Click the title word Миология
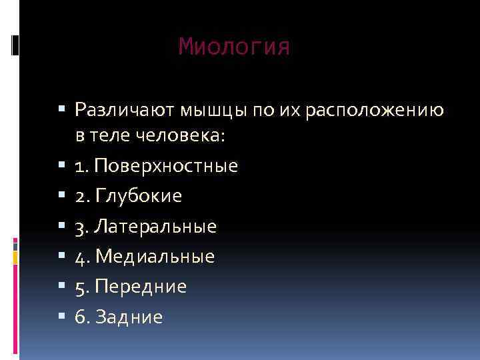point(235,47)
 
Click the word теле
point(111,136)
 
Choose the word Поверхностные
point(166,166)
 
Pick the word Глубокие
point(139,196)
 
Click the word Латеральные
point(156,226)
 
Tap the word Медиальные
point(155,256)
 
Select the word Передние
point(141,287)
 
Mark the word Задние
point(129,317)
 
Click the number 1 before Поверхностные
point(80,166)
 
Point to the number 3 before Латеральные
point(81,226)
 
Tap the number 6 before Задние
point(81,317)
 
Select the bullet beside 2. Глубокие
point(62,196)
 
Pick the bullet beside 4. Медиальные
point(62,256)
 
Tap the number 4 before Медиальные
point(81,256)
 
